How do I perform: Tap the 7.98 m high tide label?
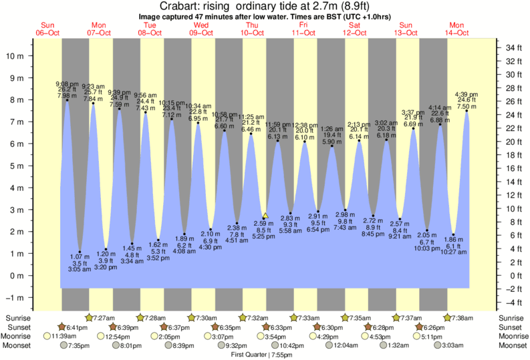pos(67,96)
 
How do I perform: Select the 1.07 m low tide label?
pos(79,256)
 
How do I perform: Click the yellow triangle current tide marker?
pos(265,216)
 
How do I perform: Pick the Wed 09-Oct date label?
pos(201,29)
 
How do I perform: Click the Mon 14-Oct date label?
pos(459,29)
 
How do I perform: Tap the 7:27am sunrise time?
pos(105,318)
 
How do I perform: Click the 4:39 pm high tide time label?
pos(466,95)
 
